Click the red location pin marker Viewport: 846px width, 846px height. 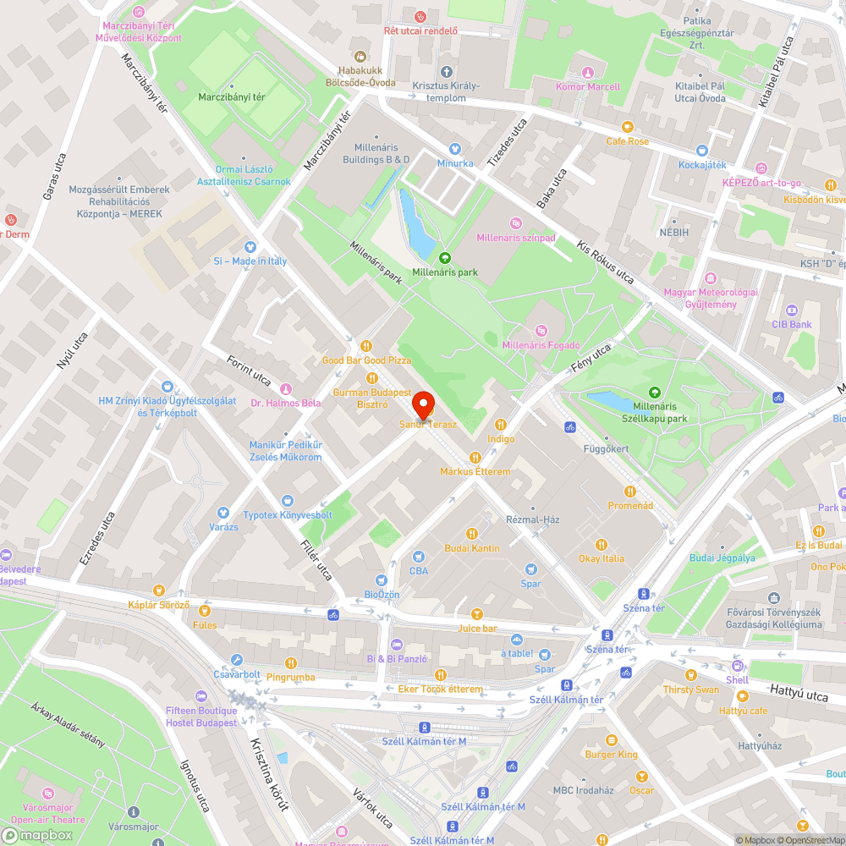(422, 404)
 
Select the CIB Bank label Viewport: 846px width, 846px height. (791, 324)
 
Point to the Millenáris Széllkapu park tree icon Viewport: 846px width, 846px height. (654, 392)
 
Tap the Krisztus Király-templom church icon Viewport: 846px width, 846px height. (446, 72)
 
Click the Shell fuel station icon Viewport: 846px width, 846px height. (737, 666)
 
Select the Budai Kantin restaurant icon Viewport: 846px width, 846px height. (472, 534)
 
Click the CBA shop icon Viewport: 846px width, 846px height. (418, 557)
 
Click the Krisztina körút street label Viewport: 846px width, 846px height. (269, 775)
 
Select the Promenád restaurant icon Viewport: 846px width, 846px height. (630, 492)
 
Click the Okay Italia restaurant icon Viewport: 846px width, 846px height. (602, 544)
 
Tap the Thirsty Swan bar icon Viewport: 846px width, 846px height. (691, 675)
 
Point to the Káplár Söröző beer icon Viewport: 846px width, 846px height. (158, 591)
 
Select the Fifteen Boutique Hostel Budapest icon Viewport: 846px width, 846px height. (201, 696)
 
